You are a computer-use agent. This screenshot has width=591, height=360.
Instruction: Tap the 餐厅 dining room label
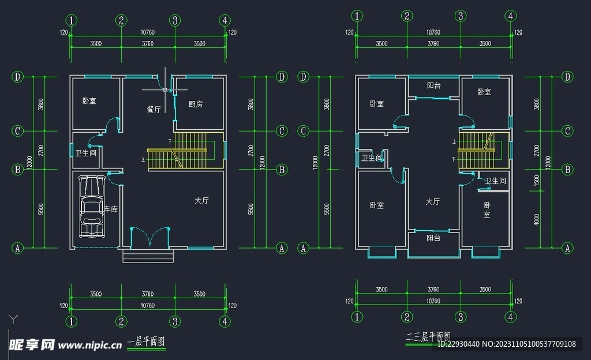coord(154,109)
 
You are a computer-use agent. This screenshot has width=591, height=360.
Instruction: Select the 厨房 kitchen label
coord(196,104)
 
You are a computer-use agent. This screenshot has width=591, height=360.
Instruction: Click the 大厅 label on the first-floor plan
coord(201,201)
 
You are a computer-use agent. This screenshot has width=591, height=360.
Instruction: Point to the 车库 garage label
coord(110,209)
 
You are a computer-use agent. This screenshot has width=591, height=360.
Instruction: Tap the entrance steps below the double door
coord(148,256)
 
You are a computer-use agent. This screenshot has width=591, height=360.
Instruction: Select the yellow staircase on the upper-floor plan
coord(484,150)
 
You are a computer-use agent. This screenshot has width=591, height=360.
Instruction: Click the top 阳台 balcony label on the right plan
coord(434,85)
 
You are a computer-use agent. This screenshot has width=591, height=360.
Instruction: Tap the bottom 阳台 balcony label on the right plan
coord(434,238)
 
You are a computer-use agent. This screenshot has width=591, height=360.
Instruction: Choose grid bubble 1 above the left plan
coord(71,21)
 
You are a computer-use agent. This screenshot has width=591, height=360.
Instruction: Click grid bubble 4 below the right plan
coord(511,317)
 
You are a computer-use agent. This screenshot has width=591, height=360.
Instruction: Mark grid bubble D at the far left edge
coord(18,77)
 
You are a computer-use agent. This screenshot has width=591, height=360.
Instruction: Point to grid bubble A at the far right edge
coord(568,248)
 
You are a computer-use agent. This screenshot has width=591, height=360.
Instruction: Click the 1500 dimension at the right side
coord(537,181)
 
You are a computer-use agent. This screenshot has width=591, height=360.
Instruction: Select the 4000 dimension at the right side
coord(537,219)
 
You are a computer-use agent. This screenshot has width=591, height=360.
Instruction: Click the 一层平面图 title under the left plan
coord(146,342)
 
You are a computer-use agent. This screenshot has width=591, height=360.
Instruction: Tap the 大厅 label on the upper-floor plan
coord(433,202)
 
